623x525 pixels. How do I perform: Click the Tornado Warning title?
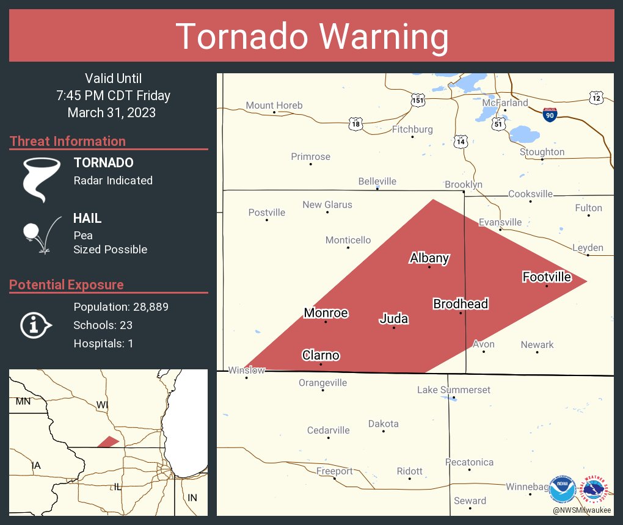[312, 37]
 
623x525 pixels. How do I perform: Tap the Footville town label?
[547, 277]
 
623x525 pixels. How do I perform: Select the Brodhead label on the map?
[461, 303]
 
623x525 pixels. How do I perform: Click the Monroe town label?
[326, 313]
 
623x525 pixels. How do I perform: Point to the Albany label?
[429, 258]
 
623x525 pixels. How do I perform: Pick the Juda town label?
[393, 319]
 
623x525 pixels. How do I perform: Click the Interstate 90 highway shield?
[550, 114]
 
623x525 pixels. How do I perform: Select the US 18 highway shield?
[356, 125]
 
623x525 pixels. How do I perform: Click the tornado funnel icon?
[41, 179]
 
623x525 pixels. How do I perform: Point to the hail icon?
[40, 234]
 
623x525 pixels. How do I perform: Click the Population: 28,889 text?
[121, 307]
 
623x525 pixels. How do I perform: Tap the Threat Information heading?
[68, 142]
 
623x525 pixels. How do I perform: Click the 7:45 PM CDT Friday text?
[113, 96]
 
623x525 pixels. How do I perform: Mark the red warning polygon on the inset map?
[108, 441]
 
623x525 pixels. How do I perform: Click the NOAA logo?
[562, 489]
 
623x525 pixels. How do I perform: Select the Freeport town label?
[334, 471]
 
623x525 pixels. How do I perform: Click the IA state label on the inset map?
[37, 466]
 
